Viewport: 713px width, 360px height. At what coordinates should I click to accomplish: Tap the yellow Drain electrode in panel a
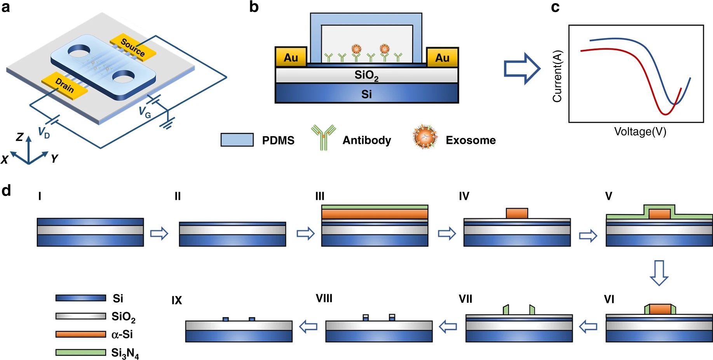click(65, 85)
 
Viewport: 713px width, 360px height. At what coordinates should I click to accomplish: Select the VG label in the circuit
click(145, 112)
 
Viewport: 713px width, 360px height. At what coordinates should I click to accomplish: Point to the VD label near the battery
click(44, 133)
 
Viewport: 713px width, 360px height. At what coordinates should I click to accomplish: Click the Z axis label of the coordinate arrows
click(19, 137)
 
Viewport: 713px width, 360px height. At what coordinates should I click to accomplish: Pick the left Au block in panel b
click(291, 58)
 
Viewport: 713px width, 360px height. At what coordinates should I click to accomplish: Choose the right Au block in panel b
click(442, 58)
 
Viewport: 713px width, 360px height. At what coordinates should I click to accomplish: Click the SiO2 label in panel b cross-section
click(366, 75)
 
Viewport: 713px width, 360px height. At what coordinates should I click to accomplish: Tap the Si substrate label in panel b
click(366, 94)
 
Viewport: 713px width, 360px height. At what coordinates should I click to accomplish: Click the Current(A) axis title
click(557, 76)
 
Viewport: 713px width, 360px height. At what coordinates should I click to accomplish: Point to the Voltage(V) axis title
click(640, 132)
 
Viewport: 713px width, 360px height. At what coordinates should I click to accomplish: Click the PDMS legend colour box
click(237, 140)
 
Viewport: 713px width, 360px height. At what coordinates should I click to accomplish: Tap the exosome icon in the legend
click(425, 137)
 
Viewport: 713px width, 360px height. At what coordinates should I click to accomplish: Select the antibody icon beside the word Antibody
click(323, 137)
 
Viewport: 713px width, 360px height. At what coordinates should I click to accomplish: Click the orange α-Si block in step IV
click(517, 213)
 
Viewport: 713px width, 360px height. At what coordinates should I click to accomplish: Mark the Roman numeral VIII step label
click(324, 299)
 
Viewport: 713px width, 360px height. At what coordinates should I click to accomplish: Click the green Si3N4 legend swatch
click(80, 352)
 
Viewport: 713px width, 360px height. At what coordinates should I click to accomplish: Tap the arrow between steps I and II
click(159, 233)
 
